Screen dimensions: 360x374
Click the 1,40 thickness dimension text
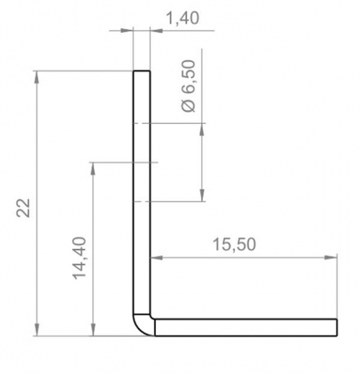point(183,18)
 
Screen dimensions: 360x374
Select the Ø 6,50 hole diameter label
point(188,86)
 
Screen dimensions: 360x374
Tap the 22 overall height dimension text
point(23,208)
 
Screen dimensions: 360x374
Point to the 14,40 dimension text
point(79,258)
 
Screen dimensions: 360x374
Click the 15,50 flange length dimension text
point(234,244)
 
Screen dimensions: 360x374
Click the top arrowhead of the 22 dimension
point(37,77)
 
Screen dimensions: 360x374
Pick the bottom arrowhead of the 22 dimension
point(37,330)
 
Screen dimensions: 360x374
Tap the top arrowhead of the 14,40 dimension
point(93,169)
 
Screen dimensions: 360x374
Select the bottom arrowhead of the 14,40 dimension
point(93,330)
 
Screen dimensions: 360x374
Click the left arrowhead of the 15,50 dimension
point(157,257)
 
